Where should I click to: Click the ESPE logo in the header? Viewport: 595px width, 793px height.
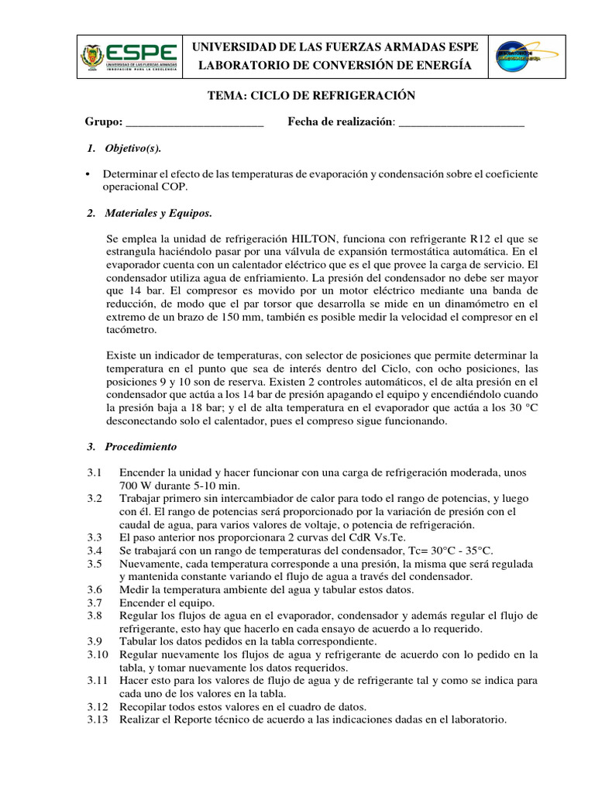pyautogui.click(x=129, y=56)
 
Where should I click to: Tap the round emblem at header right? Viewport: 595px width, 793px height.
pyautogui.click(x=518, y=57)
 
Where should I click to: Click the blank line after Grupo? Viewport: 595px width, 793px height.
pyautogui.click(x=194, y=122)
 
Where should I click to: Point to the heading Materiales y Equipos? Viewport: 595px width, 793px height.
pyautogui.click(x=158, y=213)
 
